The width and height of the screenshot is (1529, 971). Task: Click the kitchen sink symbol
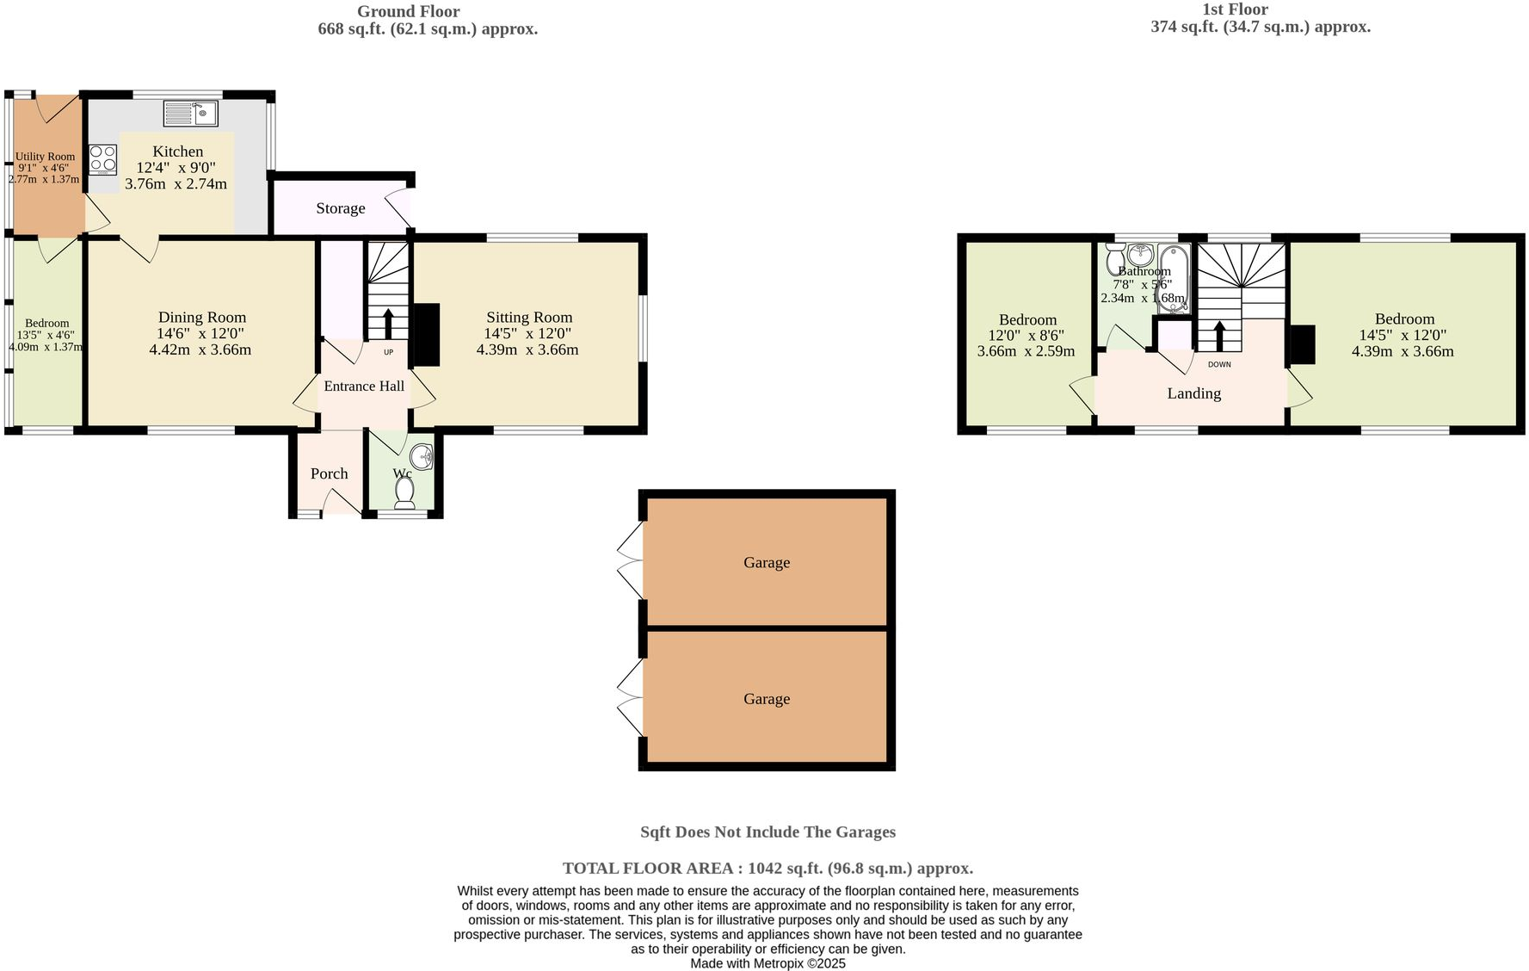click(x=190, y=113)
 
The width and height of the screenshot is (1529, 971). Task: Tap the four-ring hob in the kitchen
click(x=103, y=159)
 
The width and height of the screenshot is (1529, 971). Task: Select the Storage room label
click(x=340, y=208)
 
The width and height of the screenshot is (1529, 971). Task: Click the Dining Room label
click(x=202, y=318)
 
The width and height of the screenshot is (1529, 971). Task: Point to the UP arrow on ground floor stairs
click(x=387, y=324)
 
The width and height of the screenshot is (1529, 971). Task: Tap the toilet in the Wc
click(x=404, y=493)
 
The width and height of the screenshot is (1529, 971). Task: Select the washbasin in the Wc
click(x=422, y=456)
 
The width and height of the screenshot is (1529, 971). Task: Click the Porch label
click(x=329, y=473)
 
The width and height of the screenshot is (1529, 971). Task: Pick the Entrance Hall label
click(x=364, y=387)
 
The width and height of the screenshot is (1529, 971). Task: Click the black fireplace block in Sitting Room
click(x=426, y=335)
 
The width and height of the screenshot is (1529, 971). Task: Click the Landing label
click(x=1193, y=393)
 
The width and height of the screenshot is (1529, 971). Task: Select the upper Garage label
click(x=767, y=563)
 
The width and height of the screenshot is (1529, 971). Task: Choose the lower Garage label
click(x=767, y=699)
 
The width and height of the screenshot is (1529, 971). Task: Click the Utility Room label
click(x=45, y=157)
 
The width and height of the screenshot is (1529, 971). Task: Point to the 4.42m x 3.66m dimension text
click(x=200, y=350)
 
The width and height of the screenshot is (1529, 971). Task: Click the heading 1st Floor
click(x=1235, y=9)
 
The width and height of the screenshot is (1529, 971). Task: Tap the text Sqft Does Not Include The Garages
click(x=768, y=832)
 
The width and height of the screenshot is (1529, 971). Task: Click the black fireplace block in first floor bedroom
click(x=1303, y=344)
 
